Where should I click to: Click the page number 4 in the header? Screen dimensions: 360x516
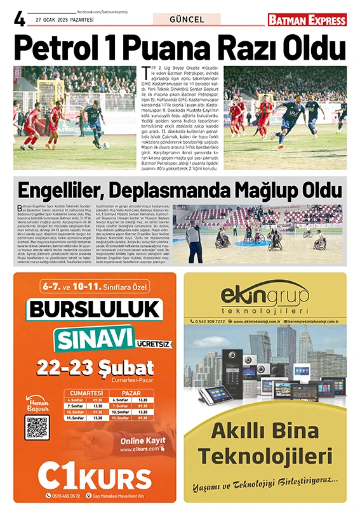click(x=20, y=19)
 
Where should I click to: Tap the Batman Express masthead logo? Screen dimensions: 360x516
click(x=307, y=20)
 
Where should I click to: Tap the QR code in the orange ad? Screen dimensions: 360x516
click(x=36, y=427)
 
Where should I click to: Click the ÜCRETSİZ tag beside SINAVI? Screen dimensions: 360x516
click(x=153, y=345)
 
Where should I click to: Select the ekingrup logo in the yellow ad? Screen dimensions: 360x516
click(x=265, y=299)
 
